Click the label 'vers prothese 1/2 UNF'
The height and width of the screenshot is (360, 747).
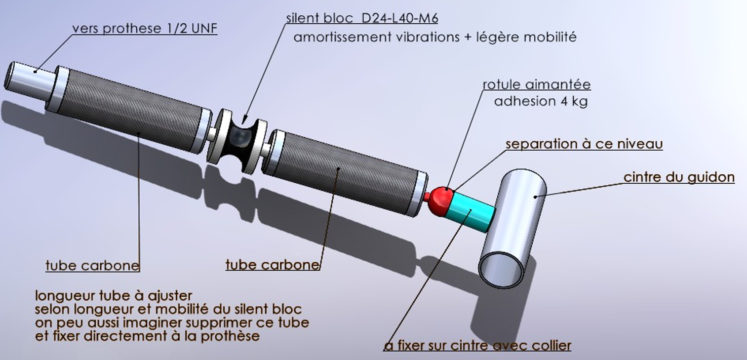pyautogui.click(x=145, y=29)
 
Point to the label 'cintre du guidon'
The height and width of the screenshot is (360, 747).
pyautogui.click(x=679, y=177)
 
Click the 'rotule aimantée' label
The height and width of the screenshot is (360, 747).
pyautogui.click(x=537, y=84)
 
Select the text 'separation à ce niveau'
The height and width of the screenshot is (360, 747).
pyautogui.click(x=584, y=144)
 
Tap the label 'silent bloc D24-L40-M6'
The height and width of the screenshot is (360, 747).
pyautogui.click(x=362, y=18)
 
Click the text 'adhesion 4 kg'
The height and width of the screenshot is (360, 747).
pyautogui.click(x=541, y=102)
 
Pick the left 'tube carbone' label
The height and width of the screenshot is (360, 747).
pyautogui.click(x=92, y=266)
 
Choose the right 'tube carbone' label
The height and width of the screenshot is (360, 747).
pyautogui.click(x=273, y=265)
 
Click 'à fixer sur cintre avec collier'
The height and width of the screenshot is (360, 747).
pyautogui.click(x=477, y=345)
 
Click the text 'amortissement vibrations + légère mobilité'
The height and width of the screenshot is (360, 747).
pyautogui.click(x=435, y=37)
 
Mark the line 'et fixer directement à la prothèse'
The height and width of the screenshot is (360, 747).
pyautogui.click(x=147, y=337)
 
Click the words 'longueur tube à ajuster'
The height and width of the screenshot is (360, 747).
pyautogui.click(x=113, y=296)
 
